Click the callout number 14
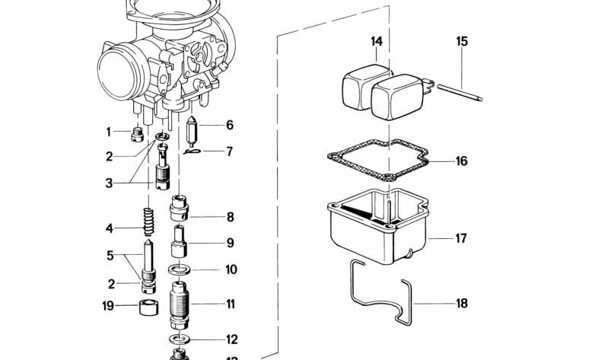tap(377, 41)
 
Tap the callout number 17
tap(460, 238)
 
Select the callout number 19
tap(108, 306)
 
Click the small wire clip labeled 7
tap(191, 151)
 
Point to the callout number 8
tap(230, 217)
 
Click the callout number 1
tap(108, 132)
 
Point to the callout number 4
tap(109, 228)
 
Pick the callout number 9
tap(230, 244)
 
